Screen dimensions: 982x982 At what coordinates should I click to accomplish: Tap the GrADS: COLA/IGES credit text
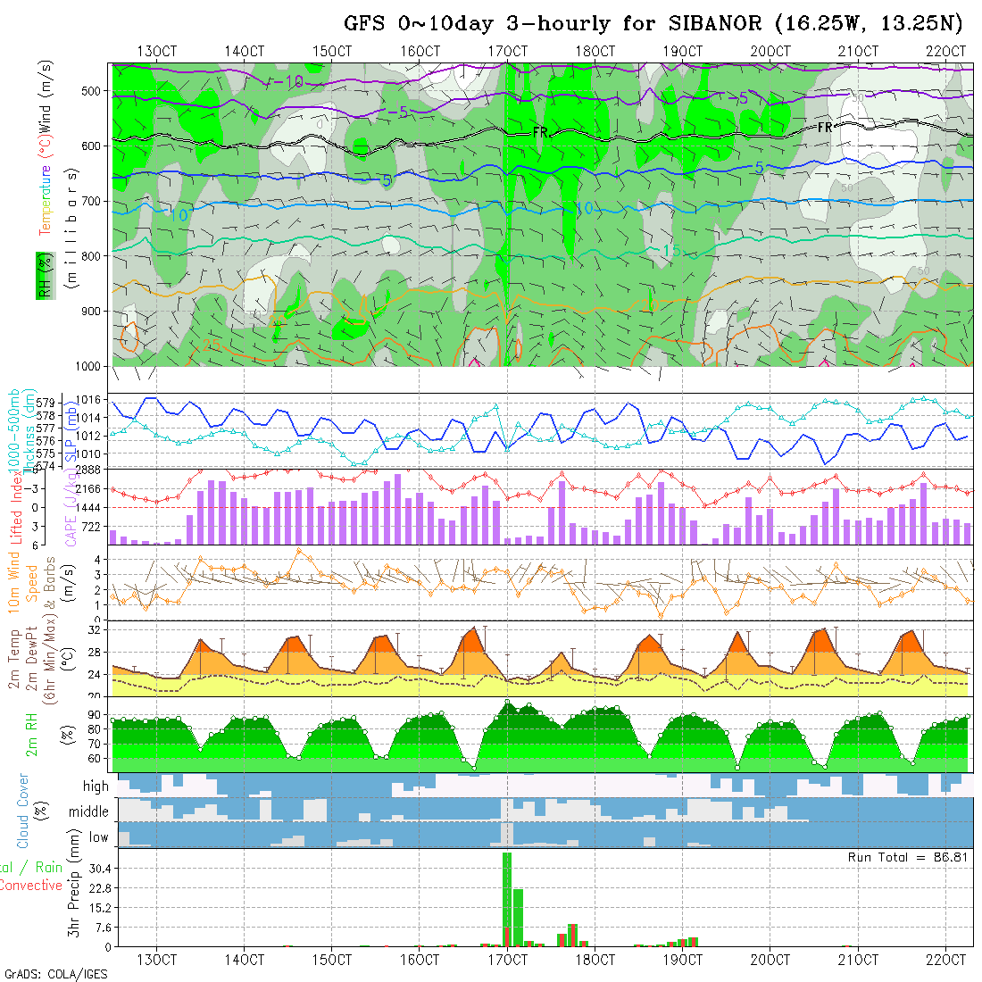[55, 974]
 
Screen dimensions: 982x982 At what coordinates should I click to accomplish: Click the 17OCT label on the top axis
[507, 51]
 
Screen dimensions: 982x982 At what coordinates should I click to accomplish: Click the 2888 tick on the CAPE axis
[87, 470]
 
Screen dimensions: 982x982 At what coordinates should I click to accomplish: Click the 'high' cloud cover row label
[96, 786]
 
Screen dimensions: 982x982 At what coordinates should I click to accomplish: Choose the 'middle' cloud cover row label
[89, 812]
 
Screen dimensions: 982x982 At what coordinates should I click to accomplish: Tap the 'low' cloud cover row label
[98, 837]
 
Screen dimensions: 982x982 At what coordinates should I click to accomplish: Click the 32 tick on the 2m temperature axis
[93, 630]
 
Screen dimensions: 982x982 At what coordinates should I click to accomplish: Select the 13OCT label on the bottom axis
[156, 960]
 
